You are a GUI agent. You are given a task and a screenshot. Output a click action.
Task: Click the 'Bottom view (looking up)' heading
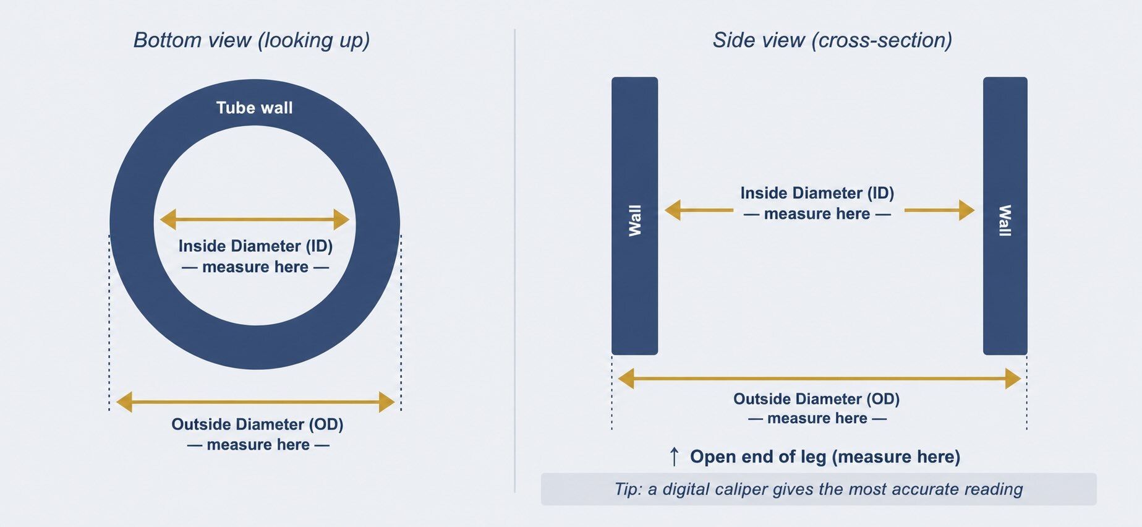point(252,40)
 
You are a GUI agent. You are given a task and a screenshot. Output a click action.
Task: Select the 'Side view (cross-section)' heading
point(832,40)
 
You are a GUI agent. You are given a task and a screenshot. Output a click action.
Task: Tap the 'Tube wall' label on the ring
point(254,108)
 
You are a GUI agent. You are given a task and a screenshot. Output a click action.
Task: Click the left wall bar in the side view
point(634,216)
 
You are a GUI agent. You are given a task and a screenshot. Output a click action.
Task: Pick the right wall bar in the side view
point(1005,216)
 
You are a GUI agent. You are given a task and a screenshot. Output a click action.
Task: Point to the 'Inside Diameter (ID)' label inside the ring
point(255,246)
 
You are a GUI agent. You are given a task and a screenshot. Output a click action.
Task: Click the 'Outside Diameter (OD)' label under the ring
point(257,424)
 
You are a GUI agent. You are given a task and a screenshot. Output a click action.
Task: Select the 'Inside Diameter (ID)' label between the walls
point(817,193)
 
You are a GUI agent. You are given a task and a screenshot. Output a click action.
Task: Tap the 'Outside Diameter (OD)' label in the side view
point(816,399)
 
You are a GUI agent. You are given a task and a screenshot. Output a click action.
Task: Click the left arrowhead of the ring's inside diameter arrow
point(168,219)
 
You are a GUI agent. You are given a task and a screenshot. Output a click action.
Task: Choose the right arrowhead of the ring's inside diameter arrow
point(341,219)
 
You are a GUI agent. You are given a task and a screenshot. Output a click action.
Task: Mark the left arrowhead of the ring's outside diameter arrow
point(124,402)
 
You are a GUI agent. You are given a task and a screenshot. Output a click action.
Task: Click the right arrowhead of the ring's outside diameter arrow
point(387,402)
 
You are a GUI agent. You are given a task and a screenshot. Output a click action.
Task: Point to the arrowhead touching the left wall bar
point(673,210)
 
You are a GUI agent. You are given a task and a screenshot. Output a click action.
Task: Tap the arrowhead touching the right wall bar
point(967,210)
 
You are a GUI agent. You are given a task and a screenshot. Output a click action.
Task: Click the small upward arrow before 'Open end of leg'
point(675,456)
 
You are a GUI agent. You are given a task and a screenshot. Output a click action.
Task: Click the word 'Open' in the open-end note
point(711,457)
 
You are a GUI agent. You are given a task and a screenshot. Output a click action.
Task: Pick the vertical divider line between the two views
point(514,260)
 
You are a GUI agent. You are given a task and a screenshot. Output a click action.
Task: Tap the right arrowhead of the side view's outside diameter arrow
point(1013,379)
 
